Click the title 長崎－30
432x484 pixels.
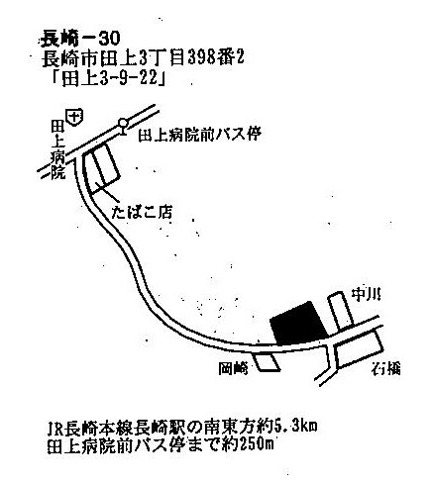[79, 40]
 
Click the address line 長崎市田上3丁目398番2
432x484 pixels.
[143, 59]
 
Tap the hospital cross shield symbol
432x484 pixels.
[75, 117]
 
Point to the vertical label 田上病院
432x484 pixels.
[57, 149]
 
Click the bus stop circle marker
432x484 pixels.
[123, 123]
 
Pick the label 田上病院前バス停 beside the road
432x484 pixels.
[199, 135]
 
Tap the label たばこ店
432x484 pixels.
[142, 212]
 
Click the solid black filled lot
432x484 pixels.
[298, 324]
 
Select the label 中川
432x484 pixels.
[365, 294]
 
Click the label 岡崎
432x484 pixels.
[233, 368]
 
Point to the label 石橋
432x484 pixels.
[385, 368]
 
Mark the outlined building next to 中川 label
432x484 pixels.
[341, 311]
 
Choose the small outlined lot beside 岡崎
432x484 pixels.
[267, 362]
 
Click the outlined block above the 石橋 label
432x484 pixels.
[358, 349]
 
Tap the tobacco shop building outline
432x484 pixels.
[100, 169]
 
